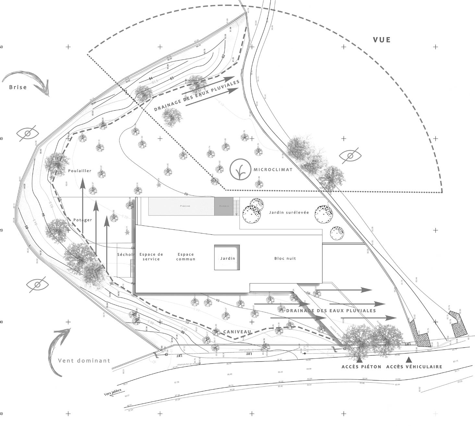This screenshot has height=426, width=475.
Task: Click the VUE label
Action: click(x=382, y=40)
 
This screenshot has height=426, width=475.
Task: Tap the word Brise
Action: click(x=18, y=87)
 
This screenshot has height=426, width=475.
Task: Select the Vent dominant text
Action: click(x=84, y=360)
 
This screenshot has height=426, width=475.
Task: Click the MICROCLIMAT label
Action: click(x=273, y=170)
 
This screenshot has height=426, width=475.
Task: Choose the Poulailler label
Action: click(x=79, y=171)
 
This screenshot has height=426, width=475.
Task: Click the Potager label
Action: click(x=82, y=220)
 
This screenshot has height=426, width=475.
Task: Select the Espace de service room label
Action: click(x=151, y=257)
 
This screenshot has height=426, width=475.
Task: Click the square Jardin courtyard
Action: click(x=227, y=258)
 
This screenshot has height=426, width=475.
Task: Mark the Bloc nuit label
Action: click(x=285, y=258)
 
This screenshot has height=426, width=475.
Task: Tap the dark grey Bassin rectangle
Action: click(x=224, y=206)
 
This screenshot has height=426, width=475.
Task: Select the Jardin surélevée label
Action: click(x=289, y=213)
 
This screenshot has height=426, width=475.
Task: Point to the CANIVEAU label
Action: click(x=237, y=332)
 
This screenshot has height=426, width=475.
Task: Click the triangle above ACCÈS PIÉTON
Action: click(x=359, y=359)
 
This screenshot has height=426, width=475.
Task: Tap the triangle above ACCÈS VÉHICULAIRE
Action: click(x=409, y=359)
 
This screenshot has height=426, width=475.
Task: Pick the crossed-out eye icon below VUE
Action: click(x=350, y=156)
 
